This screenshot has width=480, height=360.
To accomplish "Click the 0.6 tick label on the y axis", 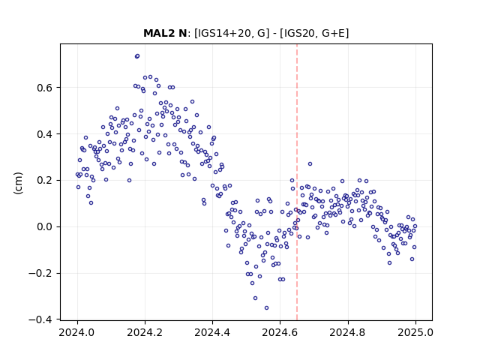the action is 45,88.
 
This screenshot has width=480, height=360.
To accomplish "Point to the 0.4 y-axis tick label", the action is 45,134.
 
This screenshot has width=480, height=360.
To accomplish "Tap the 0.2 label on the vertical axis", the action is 45,181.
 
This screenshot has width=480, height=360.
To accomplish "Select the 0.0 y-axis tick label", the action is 45,227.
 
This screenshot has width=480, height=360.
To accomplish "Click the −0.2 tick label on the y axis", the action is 40,273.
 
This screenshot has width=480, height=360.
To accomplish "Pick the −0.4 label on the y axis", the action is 40,320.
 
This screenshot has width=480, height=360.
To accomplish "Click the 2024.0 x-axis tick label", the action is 77,332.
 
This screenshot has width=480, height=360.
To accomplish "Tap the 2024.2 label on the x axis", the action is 145,332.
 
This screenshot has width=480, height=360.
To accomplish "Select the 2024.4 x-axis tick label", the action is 212,332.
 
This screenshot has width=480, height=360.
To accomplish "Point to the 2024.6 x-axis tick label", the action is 280,332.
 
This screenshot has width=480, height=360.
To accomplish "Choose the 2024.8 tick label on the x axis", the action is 348,332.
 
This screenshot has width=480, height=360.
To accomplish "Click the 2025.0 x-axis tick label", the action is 415,332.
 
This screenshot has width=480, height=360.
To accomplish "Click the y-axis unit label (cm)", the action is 18,183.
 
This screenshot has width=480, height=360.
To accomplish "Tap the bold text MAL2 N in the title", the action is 165,33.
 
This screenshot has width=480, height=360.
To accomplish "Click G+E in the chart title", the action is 333,33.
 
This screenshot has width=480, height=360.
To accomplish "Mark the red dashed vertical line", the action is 297,182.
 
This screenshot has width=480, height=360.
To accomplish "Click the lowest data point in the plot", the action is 267,308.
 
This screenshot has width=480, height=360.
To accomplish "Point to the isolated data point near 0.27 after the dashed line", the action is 310,164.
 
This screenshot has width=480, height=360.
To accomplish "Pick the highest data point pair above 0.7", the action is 137,56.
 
